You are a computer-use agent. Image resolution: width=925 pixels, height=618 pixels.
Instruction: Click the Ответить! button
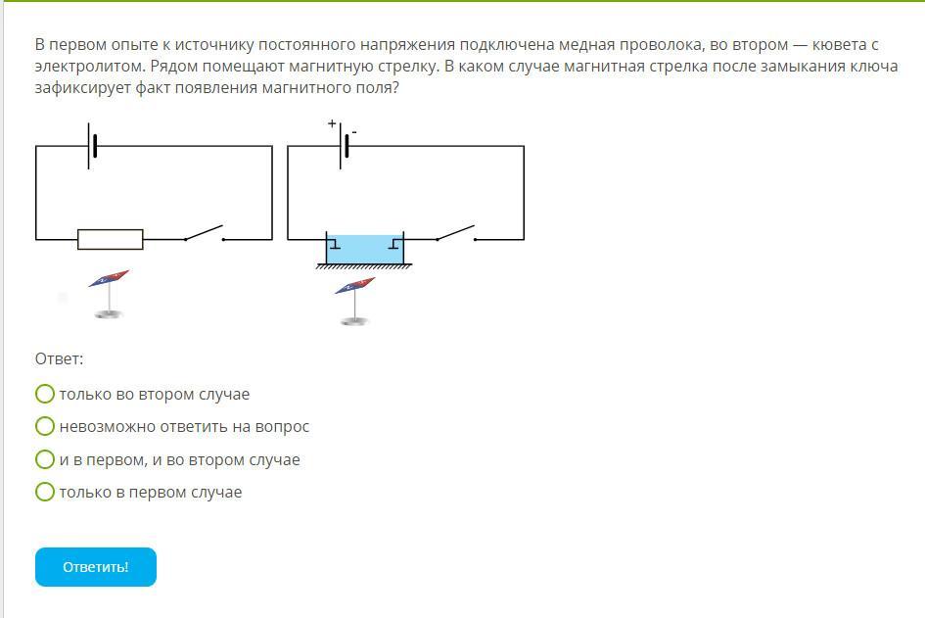pos(96,567)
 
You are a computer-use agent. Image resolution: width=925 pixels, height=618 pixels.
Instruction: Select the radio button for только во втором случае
pos(45,394)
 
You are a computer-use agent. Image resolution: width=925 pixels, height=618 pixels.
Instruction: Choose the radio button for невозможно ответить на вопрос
pos(45,426)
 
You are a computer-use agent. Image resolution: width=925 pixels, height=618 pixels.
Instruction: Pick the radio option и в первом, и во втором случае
pos(45,459)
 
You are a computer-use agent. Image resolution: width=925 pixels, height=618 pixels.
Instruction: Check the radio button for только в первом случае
pos(45,492)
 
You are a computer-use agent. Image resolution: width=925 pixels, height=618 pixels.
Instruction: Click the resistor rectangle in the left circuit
pos(110,239)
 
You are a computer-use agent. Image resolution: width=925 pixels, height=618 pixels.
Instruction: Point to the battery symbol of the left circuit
pos(92,146)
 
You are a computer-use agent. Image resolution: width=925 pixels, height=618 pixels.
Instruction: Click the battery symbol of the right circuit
pos(344,147)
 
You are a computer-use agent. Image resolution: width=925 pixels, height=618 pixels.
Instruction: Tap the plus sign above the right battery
pos(332,123)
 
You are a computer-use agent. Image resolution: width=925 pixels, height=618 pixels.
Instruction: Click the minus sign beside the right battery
pos(354,131)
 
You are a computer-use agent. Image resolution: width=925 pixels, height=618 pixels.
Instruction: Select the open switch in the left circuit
pos(204,233)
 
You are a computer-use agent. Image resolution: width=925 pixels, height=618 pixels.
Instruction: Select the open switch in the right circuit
pos(455,233)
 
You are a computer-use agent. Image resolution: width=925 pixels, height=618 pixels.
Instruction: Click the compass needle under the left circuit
pos(109,278)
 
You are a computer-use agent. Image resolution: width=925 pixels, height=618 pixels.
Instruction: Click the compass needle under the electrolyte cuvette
pos(354,285)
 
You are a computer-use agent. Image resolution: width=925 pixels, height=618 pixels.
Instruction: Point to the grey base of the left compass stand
pos(109,313)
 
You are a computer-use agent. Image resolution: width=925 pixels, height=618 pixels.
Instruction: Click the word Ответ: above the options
pos(59,359)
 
